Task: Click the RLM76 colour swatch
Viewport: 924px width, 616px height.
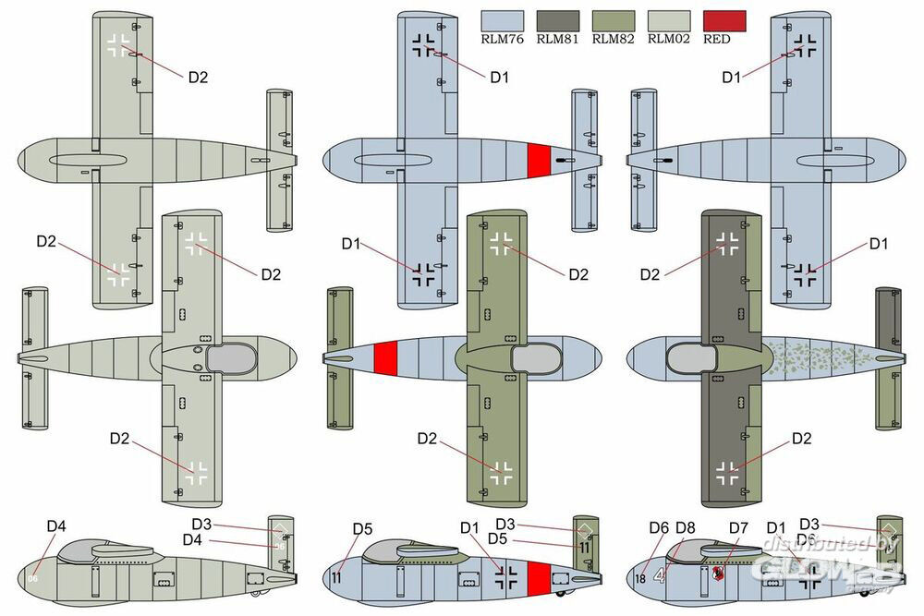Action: (502, 20)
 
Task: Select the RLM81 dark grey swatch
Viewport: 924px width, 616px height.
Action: (558, 20)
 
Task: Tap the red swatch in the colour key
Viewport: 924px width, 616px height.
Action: (725, 20)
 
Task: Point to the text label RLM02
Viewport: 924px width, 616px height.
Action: (670, 39)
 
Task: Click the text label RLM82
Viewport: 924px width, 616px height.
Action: (614, 39)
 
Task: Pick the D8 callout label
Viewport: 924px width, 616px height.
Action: (685, 528)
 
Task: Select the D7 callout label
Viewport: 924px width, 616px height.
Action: (738, 528)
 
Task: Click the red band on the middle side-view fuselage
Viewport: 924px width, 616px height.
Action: (538, 577)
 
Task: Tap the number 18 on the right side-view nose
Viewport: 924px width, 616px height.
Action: (640, 579)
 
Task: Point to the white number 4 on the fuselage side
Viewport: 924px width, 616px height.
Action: (659, 575)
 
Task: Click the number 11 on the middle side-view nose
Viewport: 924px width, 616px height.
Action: (336, 579)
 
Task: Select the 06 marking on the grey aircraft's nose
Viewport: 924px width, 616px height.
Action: (32, 579)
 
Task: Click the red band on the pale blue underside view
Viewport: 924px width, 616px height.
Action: (539, 160)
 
